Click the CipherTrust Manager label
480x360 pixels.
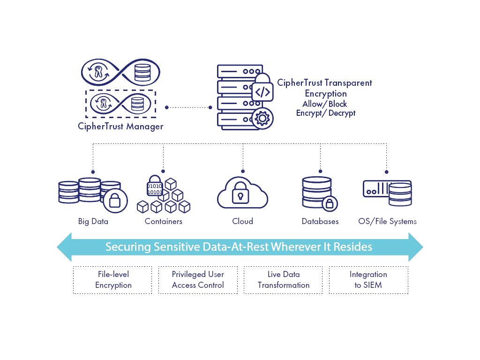pos(121,127)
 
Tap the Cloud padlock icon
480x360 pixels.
pos(242,196)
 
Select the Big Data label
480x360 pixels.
pos(93,221)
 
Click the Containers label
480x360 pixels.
pos(164,221)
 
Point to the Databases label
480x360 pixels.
pos(320,221)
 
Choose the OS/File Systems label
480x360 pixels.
pos(387,221)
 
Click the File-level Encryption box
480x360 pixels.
pos(113,280)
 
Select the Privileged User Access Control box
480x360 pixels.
pos(198,280)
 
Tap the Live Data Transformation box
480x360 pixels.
pos(284,280)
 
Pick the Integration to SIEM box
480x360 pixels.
pos(368,280)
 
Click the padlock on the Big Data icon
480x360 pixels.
pos(114,201)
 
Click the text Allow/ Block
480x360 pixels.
pos(325,104)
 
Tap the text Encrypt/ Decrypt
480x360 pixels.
pos(326,113)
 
